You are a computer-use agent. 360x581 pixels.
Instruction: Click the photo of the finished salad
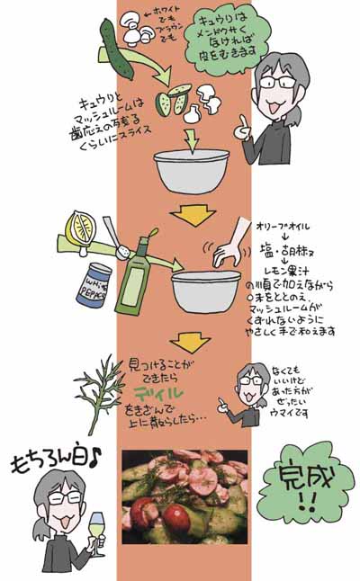184,496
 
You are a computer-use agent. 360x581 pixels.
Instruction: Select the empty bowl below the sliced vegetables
193,168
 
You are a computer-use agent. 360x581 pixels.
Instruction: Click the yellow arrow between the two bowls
191,214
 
